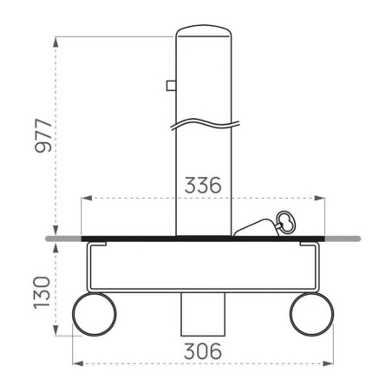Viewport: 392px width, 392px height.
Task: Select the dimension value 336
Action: tap(202, 186)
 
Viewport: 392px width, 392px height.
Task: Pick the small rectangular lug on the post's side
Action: tap(171, 85)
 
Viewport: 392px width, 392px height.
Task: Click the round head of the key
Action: tap(284, 220)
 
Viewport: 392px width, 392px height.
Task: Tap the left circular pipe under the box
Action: tap(94, 314)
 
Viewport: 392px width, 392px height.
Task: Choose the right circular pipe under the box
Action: tap(312, 314)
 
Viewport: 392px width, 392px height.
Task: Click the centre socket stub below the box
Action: tap(202, 314)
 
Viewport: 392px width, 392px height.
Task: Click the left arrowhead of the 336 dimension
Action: tap(84, 199)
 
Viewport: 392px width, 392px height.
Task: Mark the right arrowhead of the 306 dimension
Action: tap(330, 364)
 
